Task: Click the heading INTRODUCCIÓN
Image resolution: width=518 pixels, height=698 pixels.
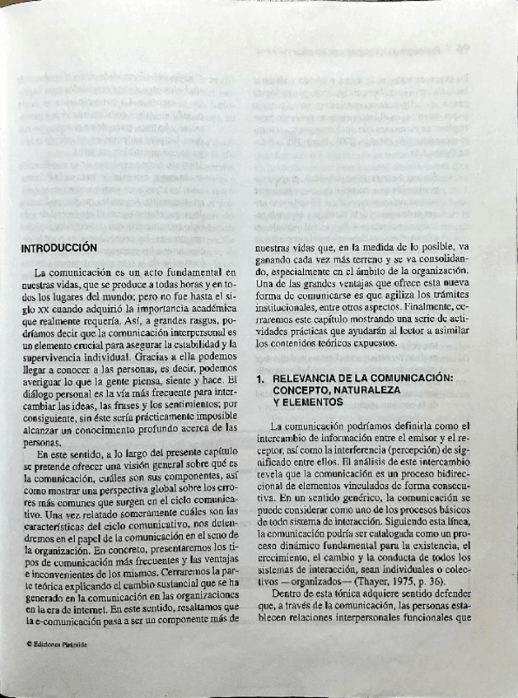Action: pos(59,246)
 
